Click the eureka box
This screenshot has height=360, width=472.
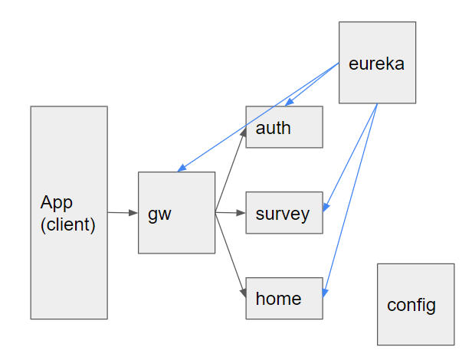pos(377,84)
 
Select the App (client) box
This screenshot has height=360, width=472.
pos(69,268)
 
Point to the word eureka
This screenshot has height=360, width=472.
pos(376,63)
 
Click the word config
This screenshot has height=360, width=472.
pos(411,305)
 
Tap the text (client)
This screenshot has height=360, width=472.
pos(68,225)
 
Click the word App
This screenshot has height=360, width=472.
pos(57,203)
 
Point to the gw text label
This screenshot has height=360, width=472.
pos(159,213)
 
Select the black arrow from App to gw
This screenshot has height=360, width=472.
pos(123,212)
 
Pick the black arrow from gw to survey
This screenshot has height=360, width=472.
pos(230,213)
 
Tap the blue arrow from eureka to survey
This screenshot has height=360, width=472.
pos(352,154)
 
